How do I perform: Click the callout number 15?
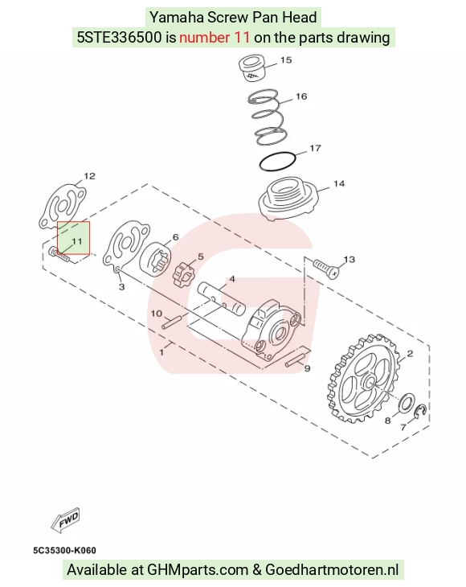(x=286, y=60)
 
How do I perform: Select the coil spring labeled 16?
(x=268, y=117)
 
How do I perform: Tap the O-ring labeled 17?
(x=277, y=162)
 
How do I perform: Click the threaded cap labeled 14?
(x=288, y=199)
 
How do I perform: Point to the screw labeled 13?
(x=326, y=269)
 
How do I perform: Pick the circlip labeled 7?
(x=422, y=411)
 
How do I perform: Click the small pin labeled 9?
(x=294, y=360)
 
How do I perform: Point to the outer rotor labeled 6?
(x=156, y=260)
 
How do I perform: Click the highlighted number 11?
(x=76, y=241)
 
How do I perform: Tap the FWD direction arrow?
(x=65, y=520)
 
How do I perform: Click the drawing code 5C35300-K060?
(x=64, y=550)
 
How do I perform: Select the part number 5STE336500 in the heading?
(x=119, y=38)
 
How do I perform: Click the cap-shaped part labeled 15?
(x=252, y=68)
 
